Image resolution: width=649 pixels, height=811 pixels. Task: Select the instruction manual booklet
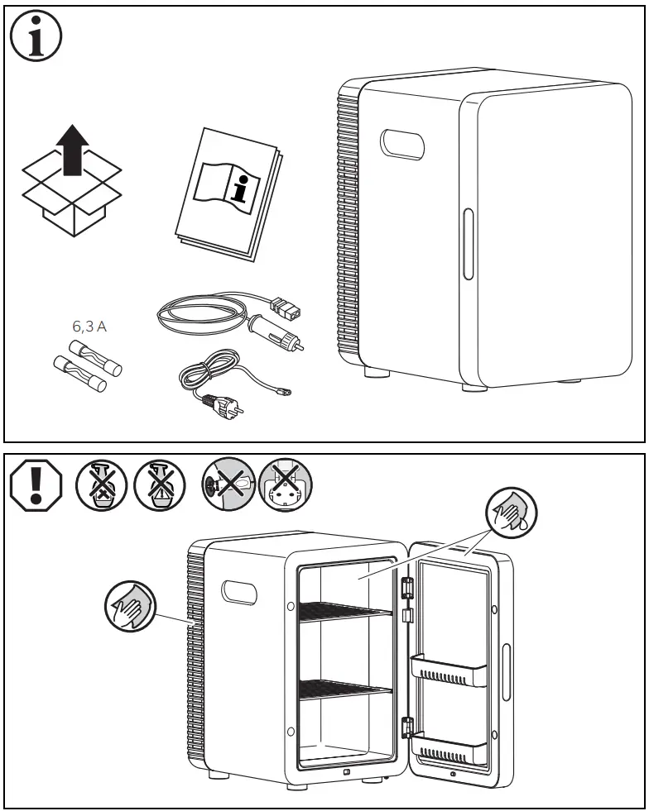click(228, 192)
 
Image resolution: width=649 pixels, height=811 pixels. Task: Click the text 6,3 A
click(89, 327)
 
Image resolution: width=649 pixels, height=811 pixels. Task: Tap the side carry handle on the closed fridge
click(401, 144)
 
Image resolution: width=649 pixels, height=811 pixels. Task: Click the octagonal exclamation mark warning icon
click(34, 483)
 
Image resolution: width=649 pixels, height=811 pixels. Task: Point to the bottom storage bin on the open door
click(448, 748)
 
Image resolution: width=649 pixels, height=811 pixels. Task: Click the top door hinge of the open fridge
click(406, 588)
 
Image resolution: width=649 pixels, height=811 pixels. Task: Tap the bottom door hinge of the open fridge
click(406, 728)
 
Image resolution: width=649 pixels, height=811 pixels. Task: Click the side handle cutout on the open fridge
click(238, 593)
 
